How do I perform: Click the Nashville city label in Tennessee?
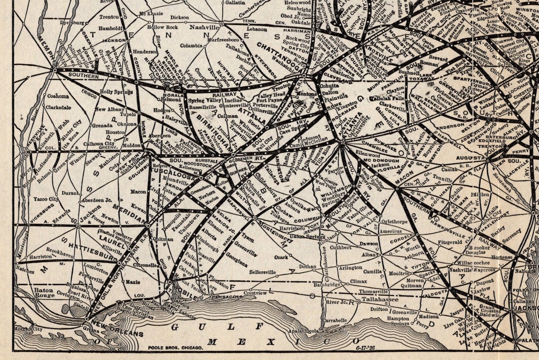[204, 27]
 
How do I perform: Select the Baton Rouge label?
[44, 292]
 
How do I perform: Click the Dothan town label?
[307, 267]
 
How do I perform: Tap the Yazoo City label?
[45, 199]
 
